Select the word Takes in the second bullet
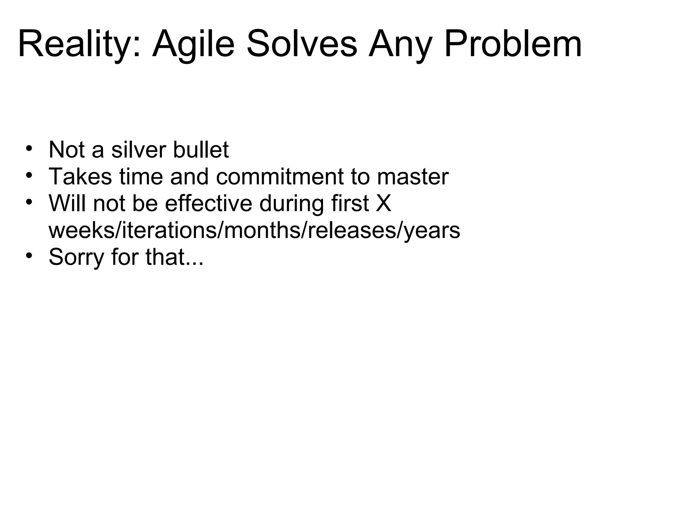coord(80,177)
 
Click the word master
coord(413,177)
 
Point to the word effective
coord(209,204)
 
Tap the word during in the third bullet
coord(291,204)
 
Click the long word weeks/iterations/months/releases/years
coord(254,231)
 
